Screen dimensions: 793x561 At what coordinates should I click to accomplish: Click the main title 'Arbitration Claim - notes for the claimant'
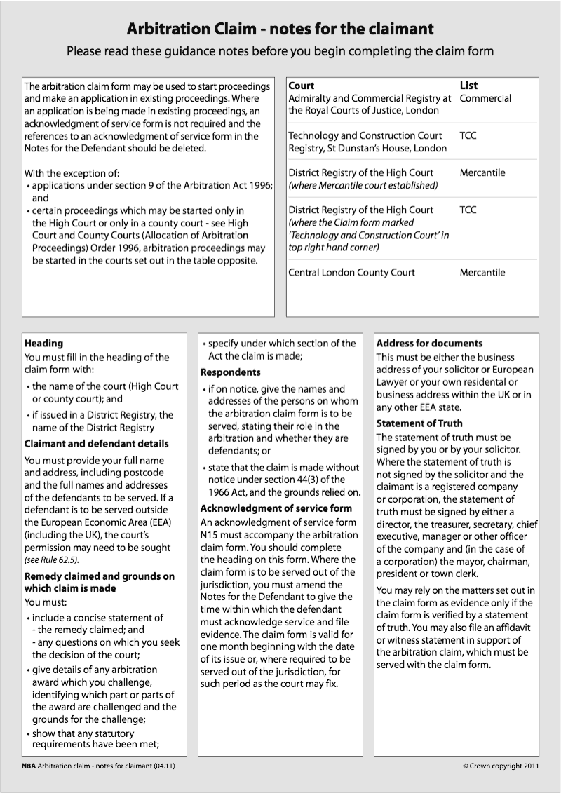[x=280, y=29]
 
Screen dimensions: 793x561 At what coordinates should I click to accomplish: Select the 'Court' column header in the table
[x=302, y=86]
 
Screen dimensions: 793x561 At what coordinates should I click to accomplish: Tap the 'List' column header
[x=468, y=86]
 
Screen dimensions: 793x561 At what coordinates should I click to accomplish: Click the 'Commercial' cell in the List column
[x=485, y=99]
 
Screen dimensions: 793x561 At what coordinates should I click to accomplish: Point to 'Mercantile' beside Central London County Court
[x=482, y=273]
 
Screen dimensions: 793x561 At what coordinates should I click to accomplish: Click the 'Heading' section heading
[x=43, y=344]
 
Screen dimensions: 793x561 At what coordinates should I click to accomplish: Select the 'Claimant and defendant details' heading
[x=97, y=444]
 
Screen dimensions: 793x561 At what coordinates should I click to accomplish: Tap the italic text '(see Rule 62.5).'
[x=52, y=560]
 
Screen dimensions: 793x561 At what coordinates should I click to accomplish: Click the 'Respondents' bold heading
[x=230, y=372]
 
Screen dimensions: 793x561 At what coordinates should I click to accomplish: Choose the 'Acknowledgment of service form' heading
[x=276, y=508]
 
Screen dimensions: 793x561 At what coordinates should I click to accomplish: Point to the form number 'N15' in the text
[x=210, y=535]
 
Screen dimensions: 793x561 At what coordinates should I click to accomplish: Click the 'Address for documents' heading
[x=429, y=344]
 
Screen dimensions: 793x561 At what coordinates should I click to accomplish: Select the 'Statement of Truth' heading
[x=419, y=423]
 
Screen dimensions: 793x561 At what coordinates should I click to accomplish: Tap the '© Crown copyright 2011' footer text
[x=501, y=766]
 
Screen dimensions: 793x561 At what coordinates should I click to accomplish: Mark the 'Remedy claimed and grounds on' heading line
[x=100, y=576]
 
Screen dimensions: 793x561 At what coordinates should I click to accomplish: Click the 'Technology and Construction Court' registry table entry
[x=365, y=136]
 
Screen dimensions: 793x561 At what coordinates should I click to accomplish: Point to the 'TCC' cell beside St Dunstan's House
[x=468, y=136]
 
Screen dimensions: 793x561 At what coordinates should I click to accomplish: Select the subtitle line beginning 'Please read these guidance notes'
[x=280, y=51]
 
